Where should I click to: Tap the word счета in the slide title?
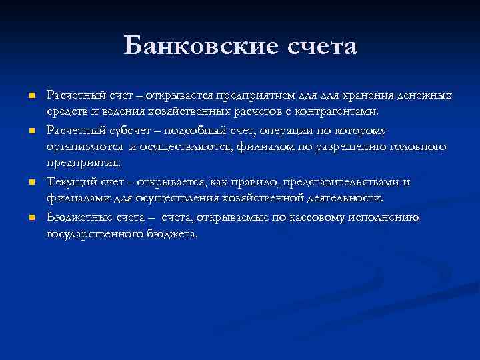point(321,47)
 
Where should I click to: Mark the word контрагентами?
point(337,110)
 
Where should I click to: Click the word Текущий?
point(67,182)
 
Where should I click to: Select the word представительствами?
point(345,182)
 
